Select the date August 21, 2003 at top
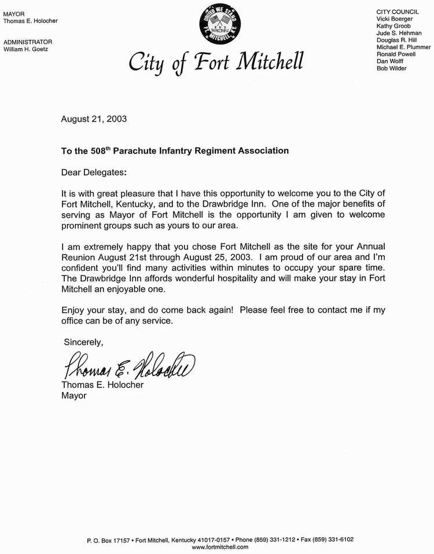pyautogui.click(x=94, y=120)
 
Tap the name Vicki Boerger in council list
pyautogui.click(x=395, y=19)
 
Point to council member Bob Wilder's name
pyautogui.click(x=392, y=68)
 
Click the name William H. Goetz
pyautogui.click(x=26, y=49)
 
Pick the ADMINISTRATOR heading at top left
pyautogui.click(x=28, y=42)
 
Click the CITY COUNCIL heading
pyautogui.click(x=397, y=12)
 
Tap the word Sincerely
pyautogui.click(x=84, y=342)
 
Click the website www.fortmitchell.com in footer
pyautogui.click(x=220, y=546)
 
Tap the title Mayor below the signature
pyautogui.click(x=73, y=395)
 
